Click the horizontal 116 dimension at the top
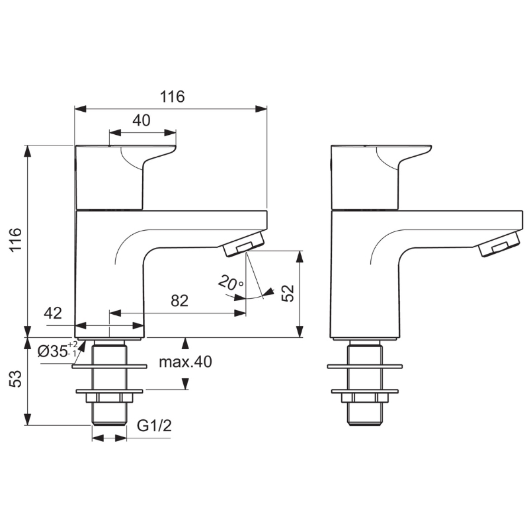click(173, 97)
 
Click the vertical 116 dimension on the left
click(16, 239)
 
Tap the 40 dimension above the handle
click(142, 120)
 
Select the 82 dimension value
click(179, 301)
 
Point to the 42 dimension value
click(53, 313)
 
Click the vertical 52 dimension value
click(288, 293)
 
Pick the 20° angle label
click(230, 283)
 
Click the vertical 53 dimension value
click(16, 379)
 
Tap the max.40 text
click(185, 362)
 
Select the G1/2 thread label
click(154, 425)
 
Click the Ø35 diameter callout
click(58, 350)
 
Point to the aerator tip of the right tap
click(499, 244)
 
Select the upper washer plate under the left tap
click(110, 366)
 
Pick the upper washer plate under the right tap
click(365, 366)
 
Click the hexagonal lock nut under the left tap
click(110, 398)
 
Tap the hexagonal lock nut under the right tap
click(365, 398)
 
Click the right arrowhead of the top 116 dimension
click(261, 109)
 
